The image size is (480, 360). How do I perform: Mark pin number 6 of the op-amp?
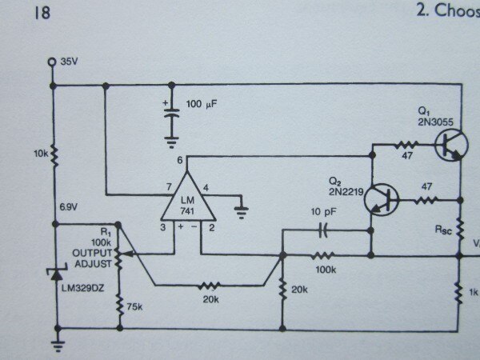pos(179,159)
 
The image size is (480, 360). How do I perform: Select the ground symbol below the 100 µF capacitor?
pos(170,142)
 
